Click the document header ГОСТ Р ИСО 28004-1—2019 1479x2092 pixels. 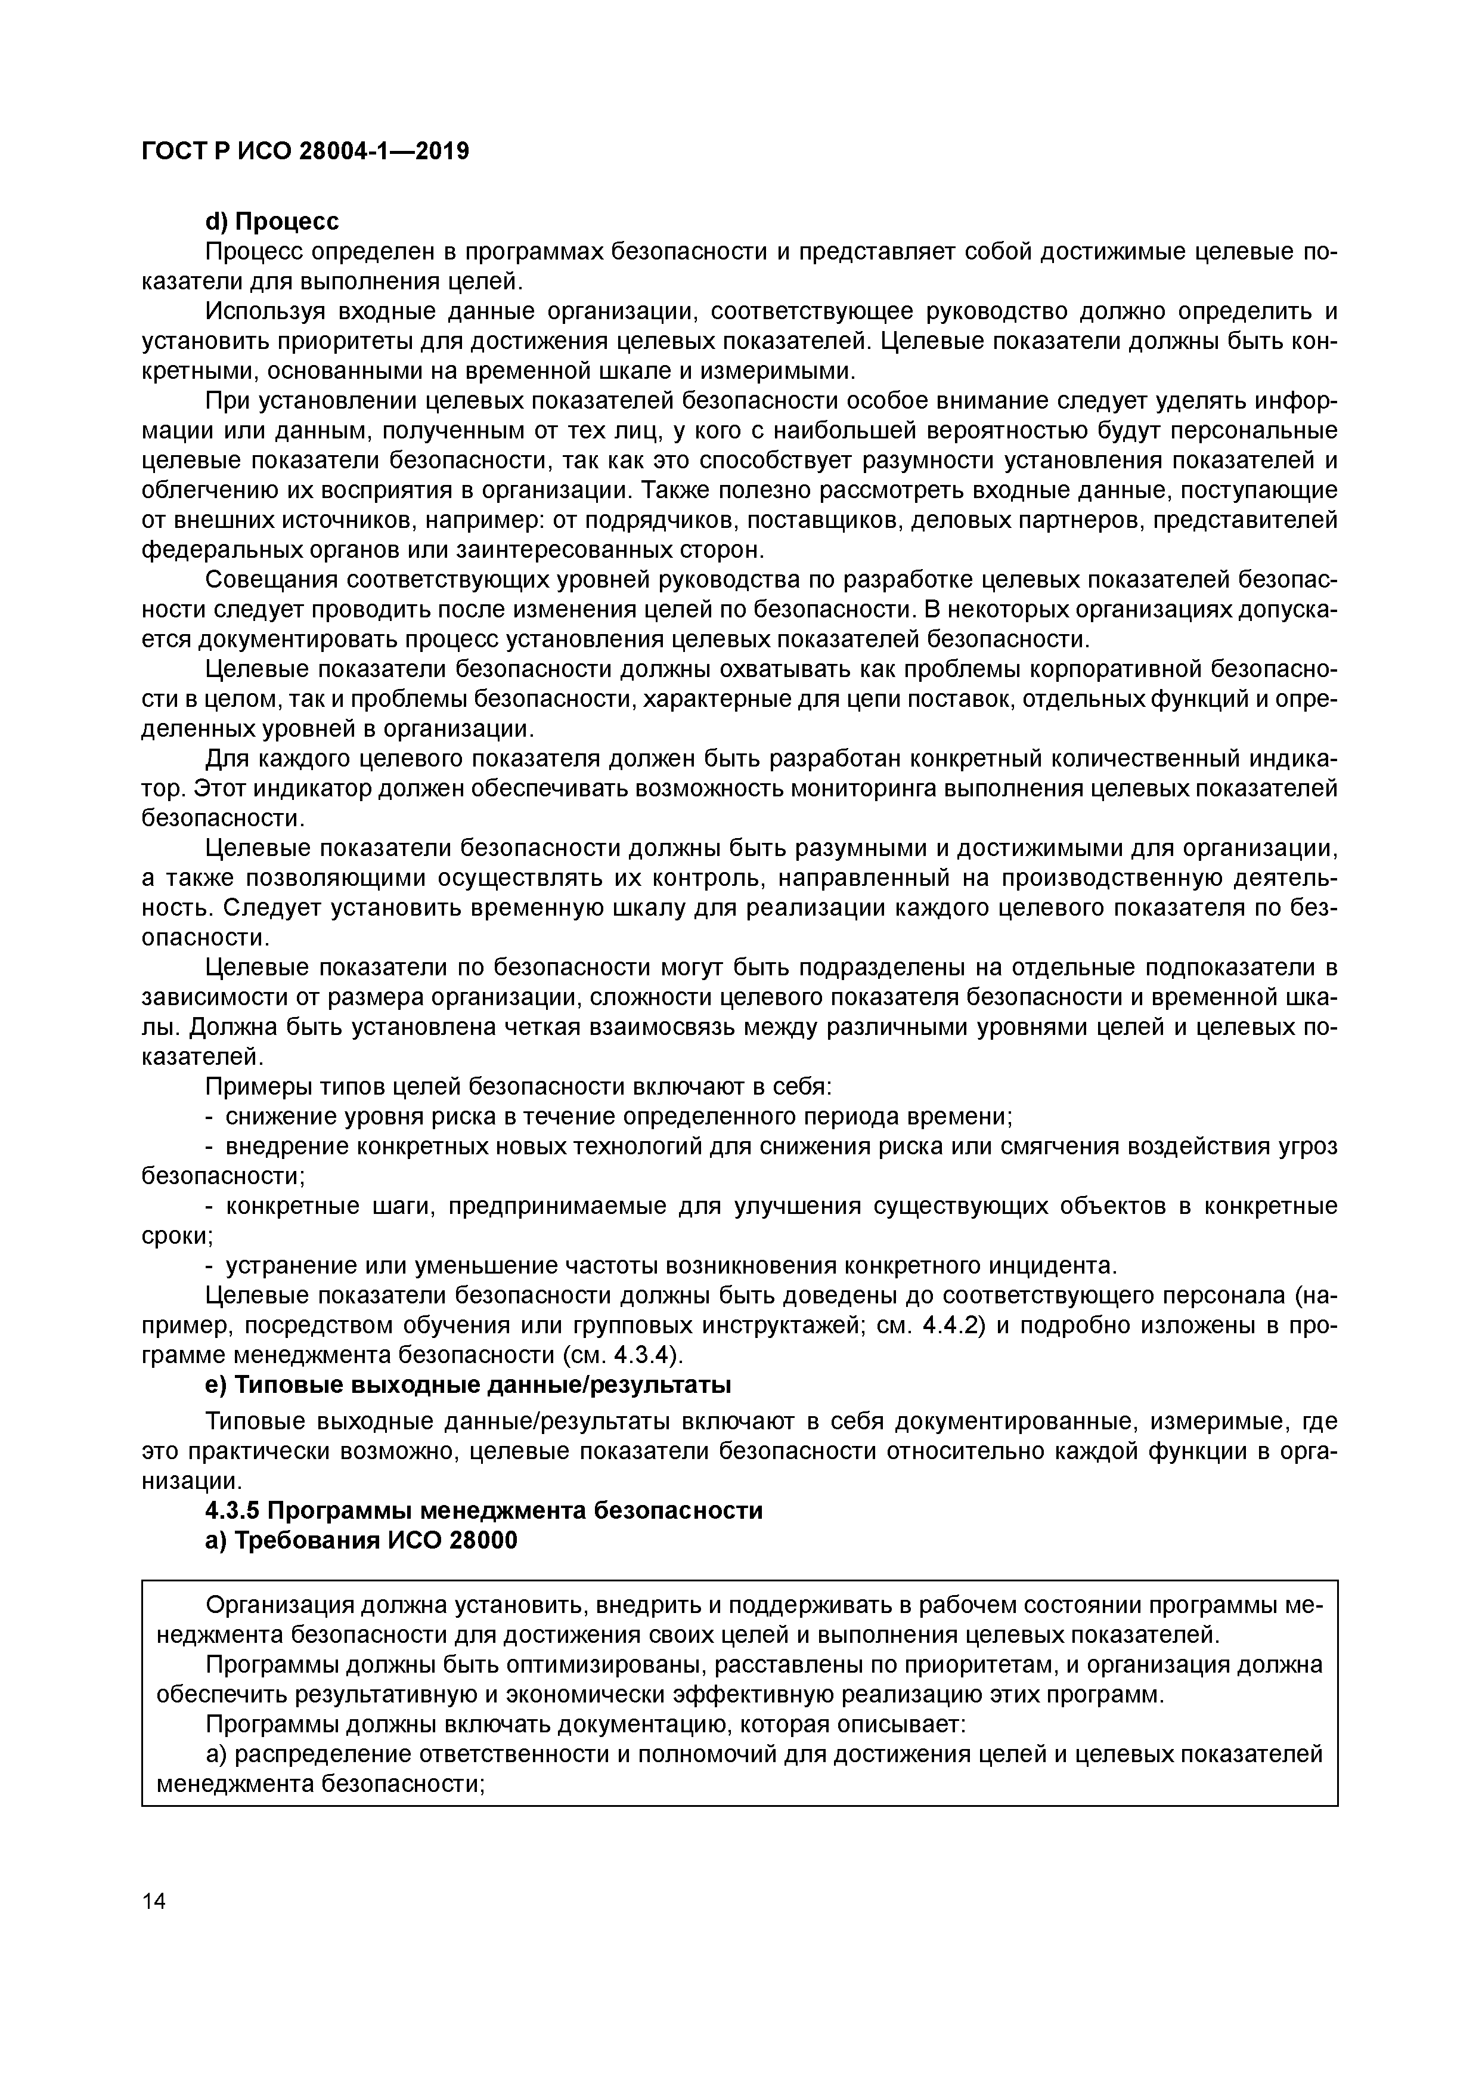[305, 152]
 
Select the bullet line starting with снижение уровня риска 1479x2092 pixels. [619, 1116]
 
